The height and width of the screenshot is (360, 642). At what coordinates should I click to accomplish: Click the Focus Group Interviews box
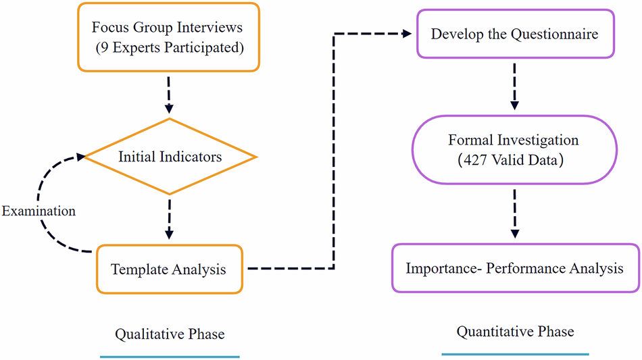[x=169, y=37]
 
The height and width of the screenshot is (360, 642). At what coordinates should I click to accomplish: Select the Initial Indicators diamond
[x=169, y=157]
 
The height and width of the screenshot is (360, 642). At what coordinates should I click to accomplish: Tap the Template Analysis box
[x=169, y=269]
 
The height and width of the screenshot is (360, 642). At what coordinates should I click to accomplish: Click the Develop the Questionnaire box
[x=514, y=34]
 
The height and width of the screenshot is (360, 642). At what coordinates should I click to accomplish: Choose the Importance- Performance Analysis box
[x=514, y=268]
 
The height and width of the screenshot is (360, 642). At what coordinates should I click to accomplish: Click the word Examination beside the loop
[x=39, y=211]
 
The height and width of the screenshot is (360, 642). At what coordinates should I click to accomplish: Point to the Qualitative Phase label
[x=170, y=334]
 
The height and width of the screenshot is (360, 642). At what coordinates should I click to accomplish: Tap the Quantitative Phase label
[x=515, y=332]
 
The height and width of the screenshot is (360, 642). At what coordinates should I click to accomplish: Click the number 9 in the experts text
[x=105, y=49]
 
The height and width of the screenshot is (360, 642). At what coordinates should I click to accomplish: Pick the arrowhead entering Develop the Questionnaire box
[x=408, y=33]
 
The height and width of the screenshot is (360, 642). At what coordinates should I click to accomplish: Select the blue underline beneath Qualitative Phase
[x=170, y=356]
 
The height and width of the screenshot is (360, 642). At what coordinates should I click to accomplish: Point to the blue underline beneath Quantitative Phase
[x=515, y=354]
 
